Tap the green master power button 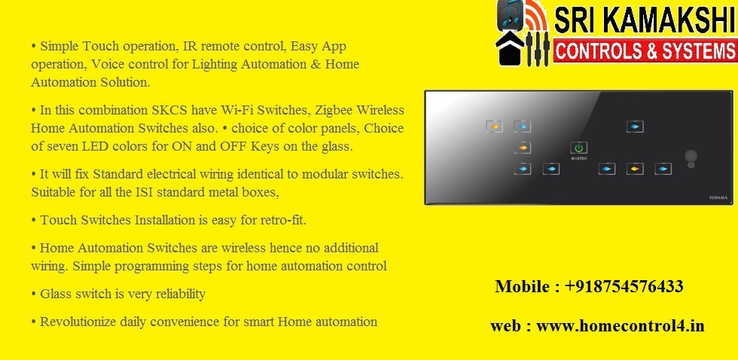click(x=578, y=148)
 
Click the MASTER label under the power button click(x=578, y=159)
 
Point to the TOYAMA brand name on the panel click(x=718, y=198)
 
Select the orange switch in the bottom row click(x=635, y=169)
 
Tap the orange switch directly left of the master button click(x=523, y=148)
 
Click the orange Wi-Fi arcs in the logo click(x=535, y=17)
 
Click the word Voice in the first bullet click(x=106, y=65)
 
